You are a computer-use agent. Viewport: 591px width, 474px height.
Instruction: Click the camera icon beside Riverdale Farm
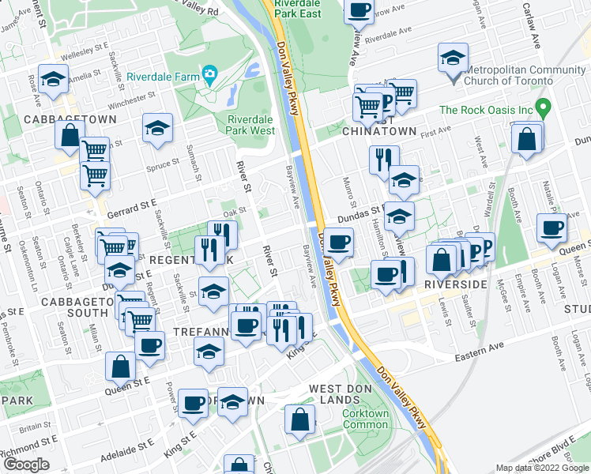(x=209, y=76)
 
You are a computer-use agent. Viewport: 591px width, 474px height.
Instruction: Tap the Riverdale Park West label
(x=250, y=125)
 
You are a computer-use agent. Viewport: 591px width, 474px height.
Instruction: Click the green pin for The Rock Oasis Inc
(x=542, y=106)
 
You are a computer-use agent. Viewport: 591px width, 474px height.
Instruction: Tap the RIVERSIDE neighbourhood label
(x=455, y=283)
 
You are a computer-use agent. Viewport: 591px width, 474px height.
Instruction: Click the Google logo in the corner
(x=26, y=465)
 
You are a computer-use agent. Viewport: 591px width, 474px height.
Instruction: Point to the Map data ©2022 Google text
(x=541, y=468)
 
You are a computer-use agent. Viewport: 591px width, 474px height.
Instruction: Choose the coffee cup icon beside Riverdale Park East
(x=359, y=11)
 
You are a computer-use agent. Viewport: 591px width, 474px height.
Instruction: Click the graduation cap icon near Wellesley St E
(x=54, y=79)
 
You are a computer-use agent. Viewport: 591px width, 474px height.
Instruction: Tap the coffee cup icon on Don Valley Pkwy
(x=339, y=242)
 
